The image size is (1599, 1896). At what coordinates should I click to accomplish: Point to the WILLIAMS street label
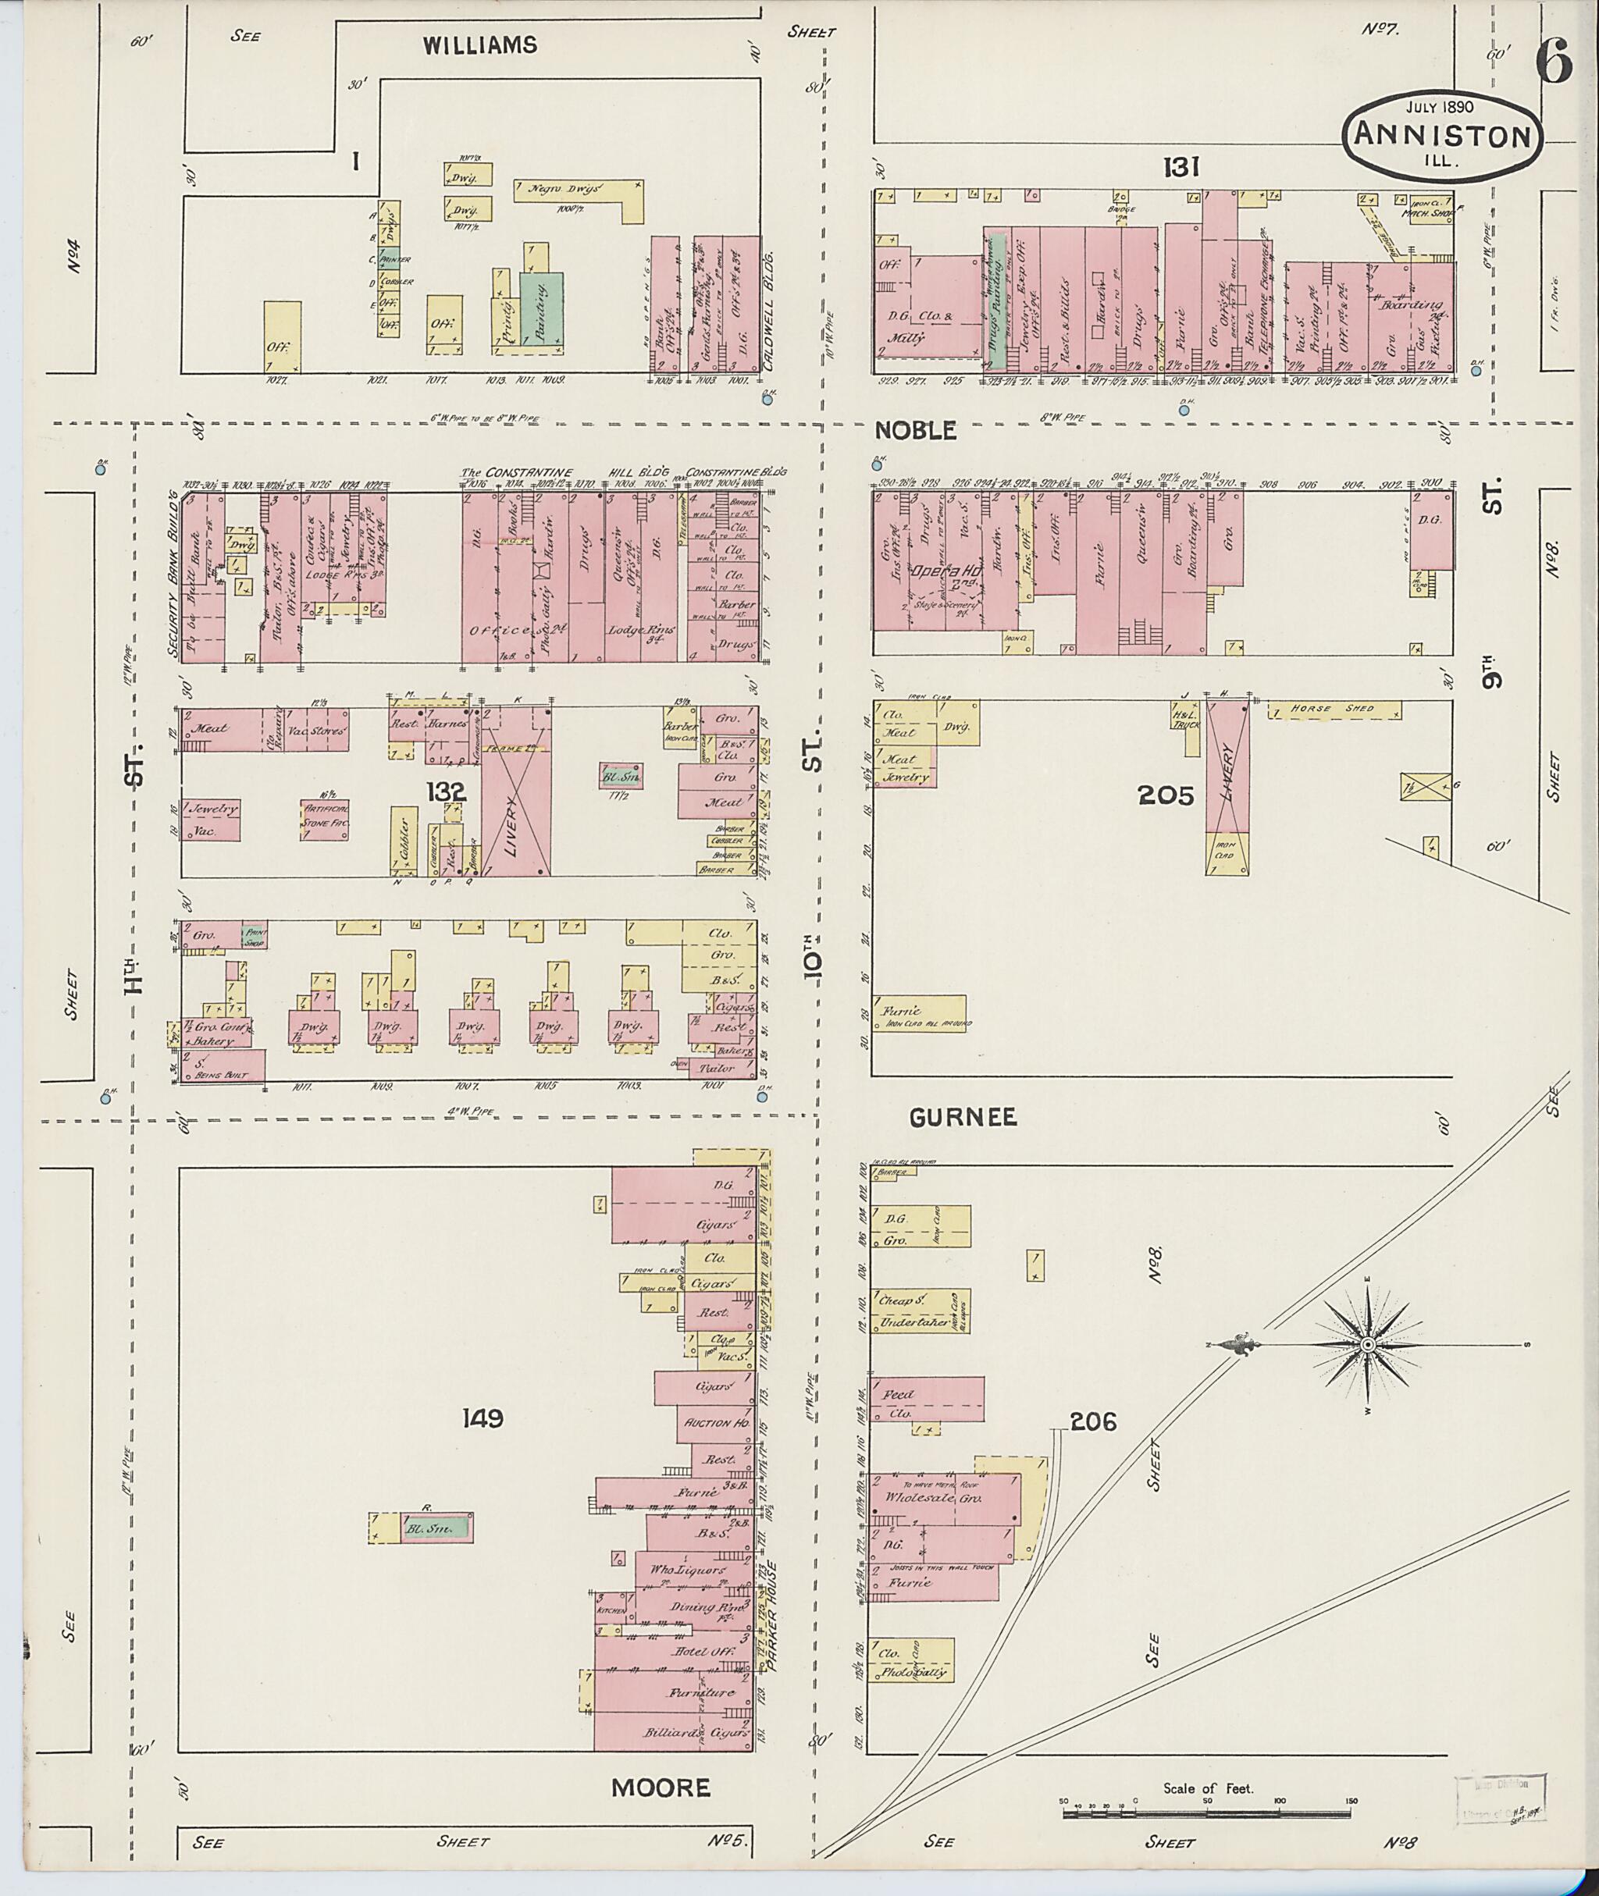point(480,45)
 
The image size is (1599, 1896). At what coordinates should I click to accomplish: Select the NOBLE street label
point(917,431)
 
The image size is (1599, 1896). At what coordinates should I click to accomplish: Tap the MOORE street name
point(660,1788)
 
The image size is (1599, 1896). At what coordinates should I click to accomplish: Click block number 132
point(447,792)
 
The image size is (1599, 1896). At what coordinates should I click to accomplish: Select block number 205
point(1166,795)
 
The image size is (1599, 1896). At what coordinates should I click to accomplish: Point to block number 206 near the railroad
point(1093,1423)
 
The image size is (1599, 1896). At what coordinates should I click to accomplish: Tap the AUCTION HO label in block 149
point(716,1423)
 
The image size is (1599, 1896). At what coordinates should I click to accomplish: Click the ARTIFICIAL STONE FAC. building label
point(325,817)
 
